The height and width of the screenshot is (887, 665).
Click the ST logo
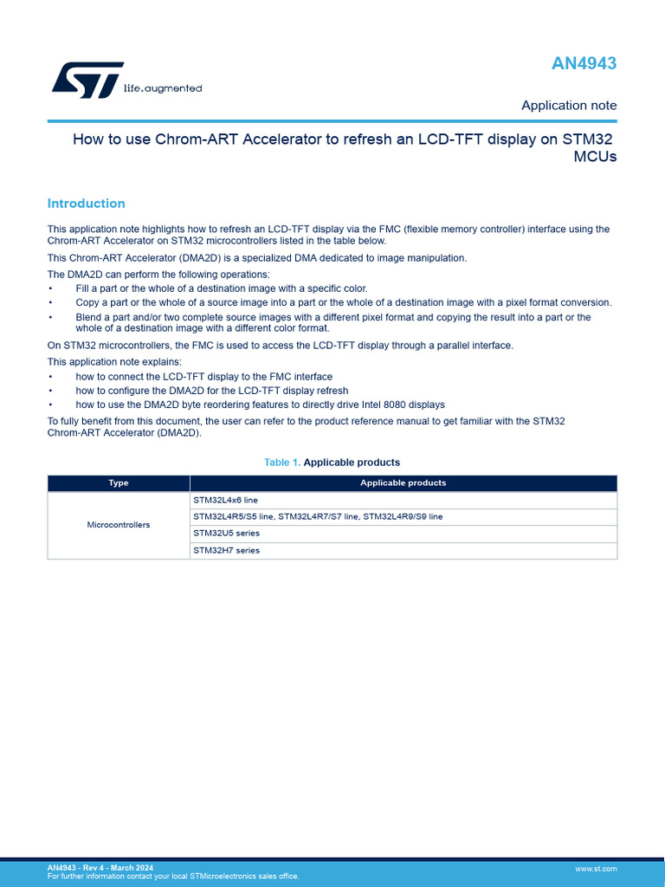[x=87, y=80]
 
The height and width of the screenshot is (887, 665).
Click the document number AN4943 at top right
[x=584, y=63]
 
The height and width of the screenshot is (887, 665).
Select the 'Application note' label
[x=569, y=106]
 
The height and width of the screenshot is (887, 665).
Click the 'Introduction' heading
[x=86, y=204]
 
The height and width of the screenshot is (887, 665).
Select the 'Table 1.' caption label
[x=281, y=463]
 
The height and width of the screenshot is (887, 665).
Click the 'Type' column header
[x=119, y=483]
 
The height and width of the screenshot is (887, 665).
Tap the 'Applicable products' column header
[x=403, y=483]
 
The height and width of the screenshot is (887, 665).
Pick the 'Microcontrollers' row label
[x=119, y=525]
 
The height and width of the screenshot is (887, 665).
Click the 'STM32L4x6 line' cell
[x=225, y=500]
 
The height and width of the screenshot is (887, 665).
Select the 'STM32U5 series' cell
[x=226, y=534]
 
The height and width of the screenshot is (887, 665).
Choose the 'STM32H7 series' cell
[x=226, y=550]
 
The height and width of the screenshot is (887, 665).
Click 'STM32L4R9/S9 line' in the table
[x=403, y=516]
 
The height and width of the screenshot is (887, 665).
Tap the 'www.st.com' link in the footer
[x=596, y=868]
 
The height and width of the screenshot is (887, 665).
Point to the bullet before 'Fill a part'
[x=50, y=288]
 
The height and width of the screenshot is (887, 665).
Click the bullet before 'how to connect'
[x=50, y=377]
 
